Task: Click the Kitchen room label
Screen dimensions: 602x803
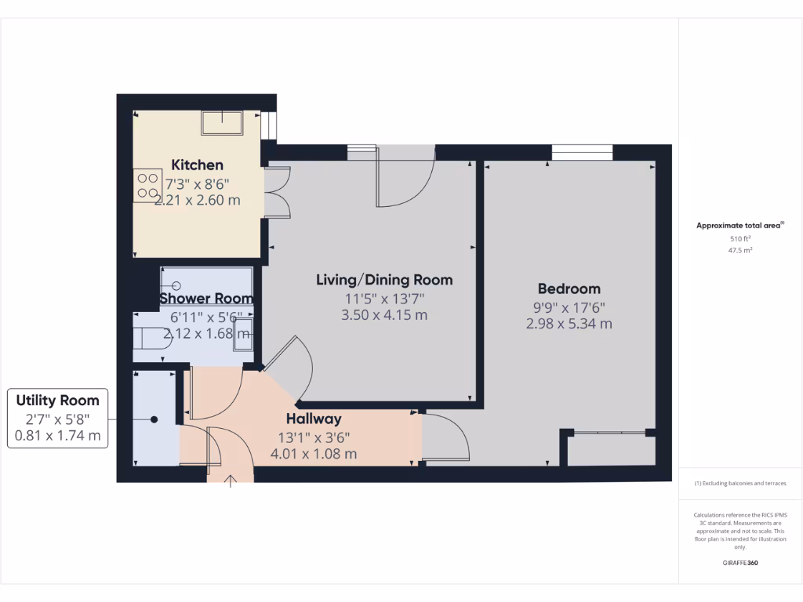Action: coord(198,165)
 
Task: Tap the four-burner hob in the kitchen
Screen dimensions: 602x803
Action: coord(147,185)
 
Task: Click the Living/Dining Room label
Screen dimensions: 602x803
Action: coord(383,280)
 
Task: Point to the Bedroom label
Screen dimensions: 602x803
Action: coord(569,288)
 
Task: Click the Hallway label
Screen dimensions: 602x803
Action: coord(313,419)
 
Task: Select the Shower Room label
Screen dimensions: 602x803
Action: coord(206,299)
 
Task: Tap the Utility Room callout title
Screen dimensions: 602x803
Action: coord(58,401)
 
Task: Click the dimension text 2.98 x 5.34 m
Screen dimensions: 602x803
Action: coord(569,323)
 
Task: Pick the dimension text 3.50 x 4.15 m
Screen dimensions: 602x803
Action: coord(383,315)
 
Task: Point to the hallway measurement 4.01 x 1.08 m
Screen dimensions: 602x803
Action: coord(313,453)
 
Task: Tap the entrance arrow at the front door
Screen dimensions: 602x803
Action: coord(231,481)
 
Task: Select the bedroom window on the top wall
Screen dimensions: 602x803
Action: coord(582,152)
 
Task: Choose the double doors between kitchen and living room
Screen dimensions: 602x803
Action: coord(277,191)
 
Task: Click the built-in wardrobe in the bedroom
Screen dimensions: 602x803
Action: coord(610,449)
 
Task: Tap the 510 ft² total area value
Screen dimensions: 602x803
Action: coord(739,238)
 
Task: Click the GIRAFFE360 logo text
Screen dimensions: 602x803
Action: coord(739,563)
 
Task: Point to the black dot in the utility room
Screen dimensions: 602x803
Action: coord(154,420)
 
